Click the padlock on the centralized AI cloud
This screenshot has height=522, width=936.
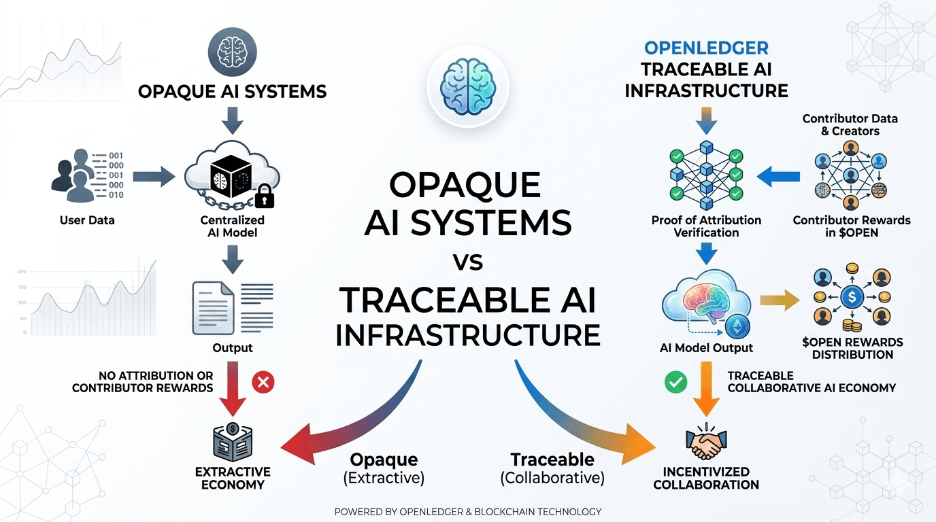[x=264, y=196]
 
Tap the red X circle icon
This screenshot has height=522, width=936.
[x=263, y=382]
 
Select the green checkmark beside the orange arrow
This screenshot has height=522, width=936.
[x=675, y=382]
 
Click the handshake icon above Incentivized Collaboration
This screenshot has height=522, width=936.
[x=706, y=442]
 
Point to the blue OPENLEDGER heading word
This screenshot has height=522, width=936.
[x=706, y=48]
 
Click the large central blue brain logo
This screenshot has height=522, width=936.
[x=468, y=86]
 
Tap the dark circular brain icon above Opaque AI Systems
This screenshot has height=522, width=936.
[x=233, y=52]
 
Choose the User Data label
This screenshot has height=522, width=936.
[x=87, y=220]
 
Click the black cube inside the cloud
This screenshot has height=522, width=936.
[x=231, y=176]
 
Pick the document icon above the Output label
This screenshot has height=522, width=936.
[x=213, y=308]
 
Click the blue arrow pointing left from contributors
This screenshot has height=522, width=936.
[x=778, y=177]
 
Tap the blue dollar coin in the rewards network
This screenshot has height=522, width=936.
[x=852, y=297]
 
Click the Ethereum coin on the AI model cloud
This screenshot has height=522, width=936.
[x=737, y=326]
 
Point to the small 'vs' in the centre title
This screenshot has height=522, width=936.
[x=468, y=262]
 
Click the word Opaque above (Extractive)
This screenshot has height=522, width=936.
[x=384, y=459]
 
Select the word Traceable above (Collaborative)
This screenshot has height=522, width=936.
[x=552, y=459]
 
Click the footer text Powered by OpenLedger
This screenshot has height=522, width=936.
[x=468, y=512]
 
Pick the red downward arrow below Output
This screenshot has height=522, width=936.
[x=233, y=389]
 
